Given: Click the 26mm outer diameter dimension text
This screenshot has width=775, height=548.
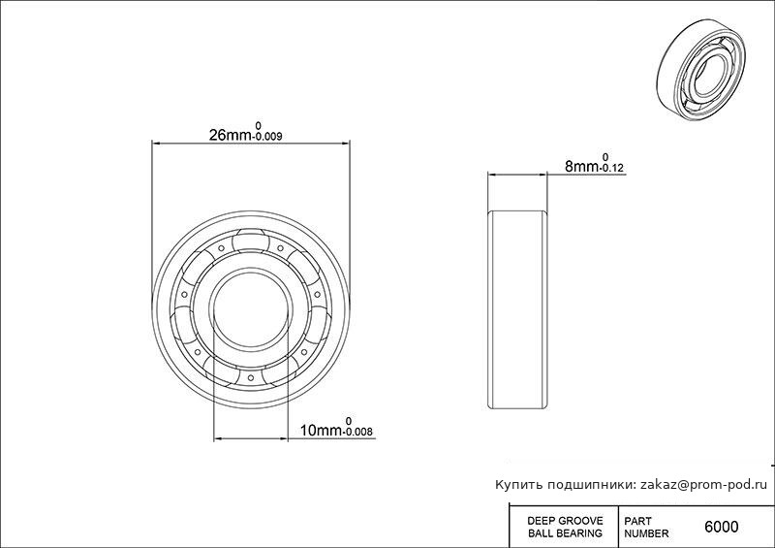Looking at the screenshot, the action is pos(231,135).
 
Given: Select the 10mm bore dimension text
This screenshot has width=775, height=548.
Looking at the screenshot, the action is pos(321,431).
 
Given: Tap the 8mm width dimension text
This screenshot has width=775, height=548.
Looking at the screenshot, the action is pos(582,167).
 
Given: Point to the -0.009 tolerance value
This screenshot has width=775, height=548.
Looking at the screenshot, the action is pos(267,137).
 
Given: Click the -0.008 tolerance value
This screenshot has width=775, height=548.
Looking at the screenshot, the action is pos(357,433).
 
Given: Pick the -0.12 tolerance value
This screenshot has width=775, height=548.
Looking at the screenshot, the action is pos(611,169).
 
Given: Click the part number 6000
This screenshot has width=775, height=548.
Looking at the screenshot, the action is pos(721,527).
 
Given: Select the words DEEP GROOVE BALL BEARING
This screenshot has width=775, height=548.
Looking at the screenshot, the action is pos(565,527).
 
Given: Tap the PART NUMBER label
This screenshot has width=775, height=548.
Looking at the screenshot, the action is pos(646,528).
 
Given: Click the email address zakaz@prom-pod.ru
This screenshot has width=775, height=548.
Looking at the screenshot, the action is pos(704,485).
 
